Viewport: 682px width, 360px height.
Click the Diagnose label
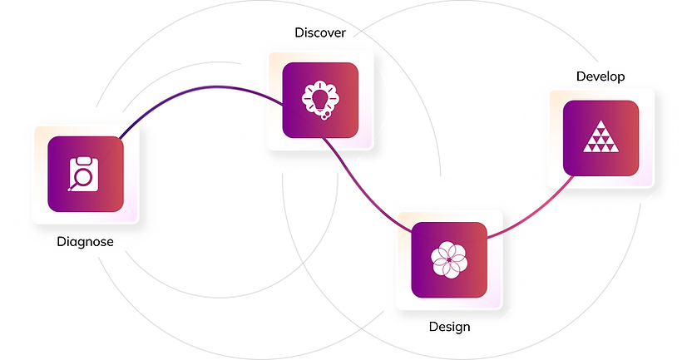pos(85,242)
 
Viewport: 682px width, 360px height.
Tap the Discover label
pos(320,32)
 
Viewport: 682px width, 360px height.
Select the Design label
pos(449,327)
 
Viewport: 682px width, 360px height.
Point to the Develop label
pos(600,77)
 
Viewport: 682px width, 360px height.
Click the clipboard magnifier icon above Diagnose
pos(83,174)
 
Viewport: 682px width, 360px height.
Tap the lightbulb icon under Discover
pos(320,100)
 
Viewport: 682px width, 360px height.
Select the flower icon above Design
pos(449,260)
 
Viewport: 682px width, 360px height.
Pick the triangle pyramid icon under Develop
pos(600,136)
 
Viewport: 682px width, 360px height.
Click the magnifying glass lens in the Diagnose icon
pos(82,177)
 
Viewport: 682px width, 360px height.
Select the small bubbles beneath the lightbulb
pos(324,116)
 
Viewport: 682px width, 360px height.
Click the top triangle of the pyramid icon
pos(600,125)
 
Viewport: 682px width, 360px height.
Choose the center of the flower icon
pos(449,260)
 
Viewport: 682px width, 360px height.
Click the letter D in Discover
pos(299,32)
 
